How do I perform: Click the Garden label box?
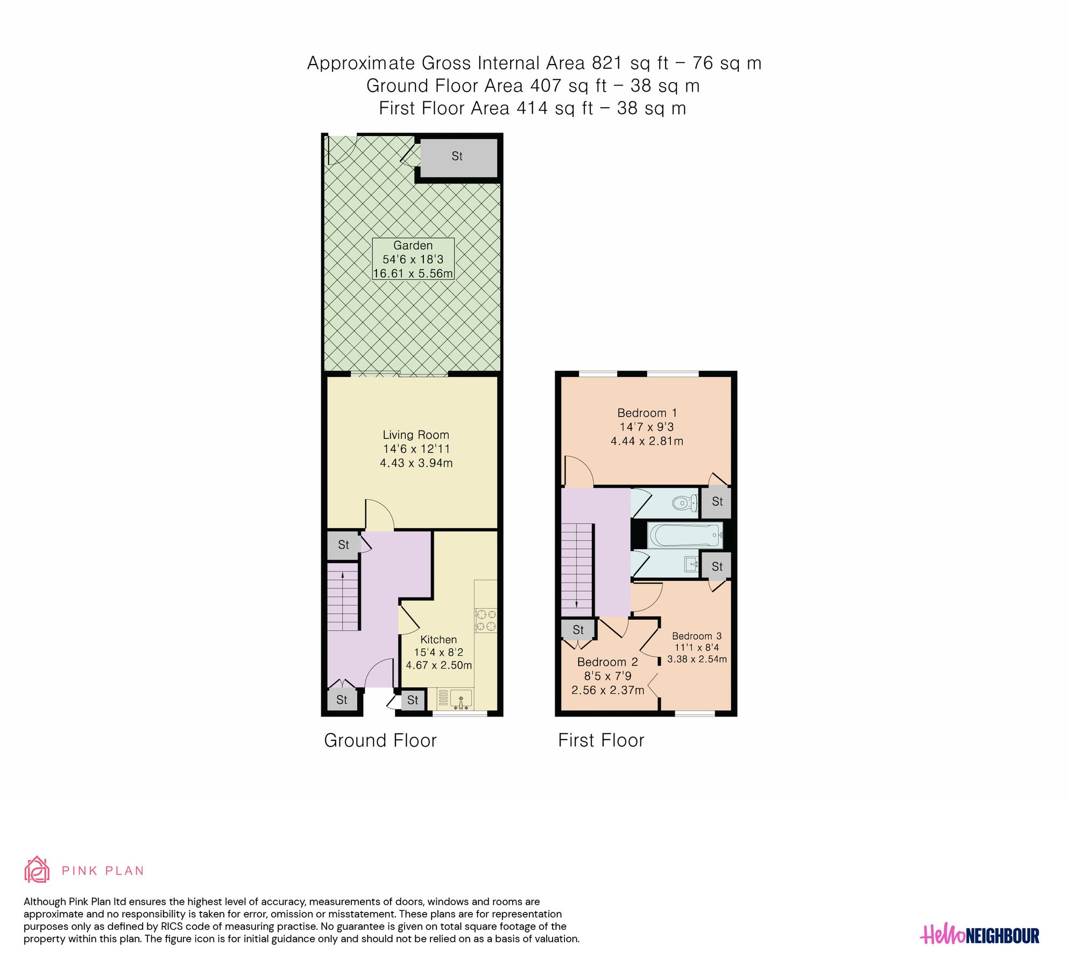(x=413, y=259)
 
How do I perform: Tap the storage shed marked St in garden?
(x=457, y=157)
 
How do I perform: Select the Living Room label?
(x=415, y=435)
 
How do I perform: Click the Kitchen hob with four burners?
(x=485, y=620)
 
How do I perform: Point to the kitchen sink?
(x=461, y=699)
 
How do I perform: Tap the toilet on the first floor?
(x=684, y=503)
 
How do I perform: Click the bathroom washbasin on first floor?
(x=691, y=564)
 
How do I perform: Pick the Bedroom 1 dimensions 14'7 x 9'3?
(x=646, y=427)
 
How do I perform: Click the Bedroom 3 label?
(x=696, y=636)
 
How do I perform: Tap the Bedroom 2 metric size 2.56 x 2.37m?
(x=607, y=690)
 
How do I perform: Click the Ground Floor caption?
(x=380, y=741)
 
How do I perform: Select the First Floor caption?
(x=600, y=741)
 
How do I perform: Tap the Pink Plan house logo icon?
(x=37, y=870)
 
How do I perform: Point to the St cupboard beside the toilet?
(x=717, y=502)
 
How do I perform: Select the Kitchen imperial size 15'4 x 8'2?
(x=438, y=652)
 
